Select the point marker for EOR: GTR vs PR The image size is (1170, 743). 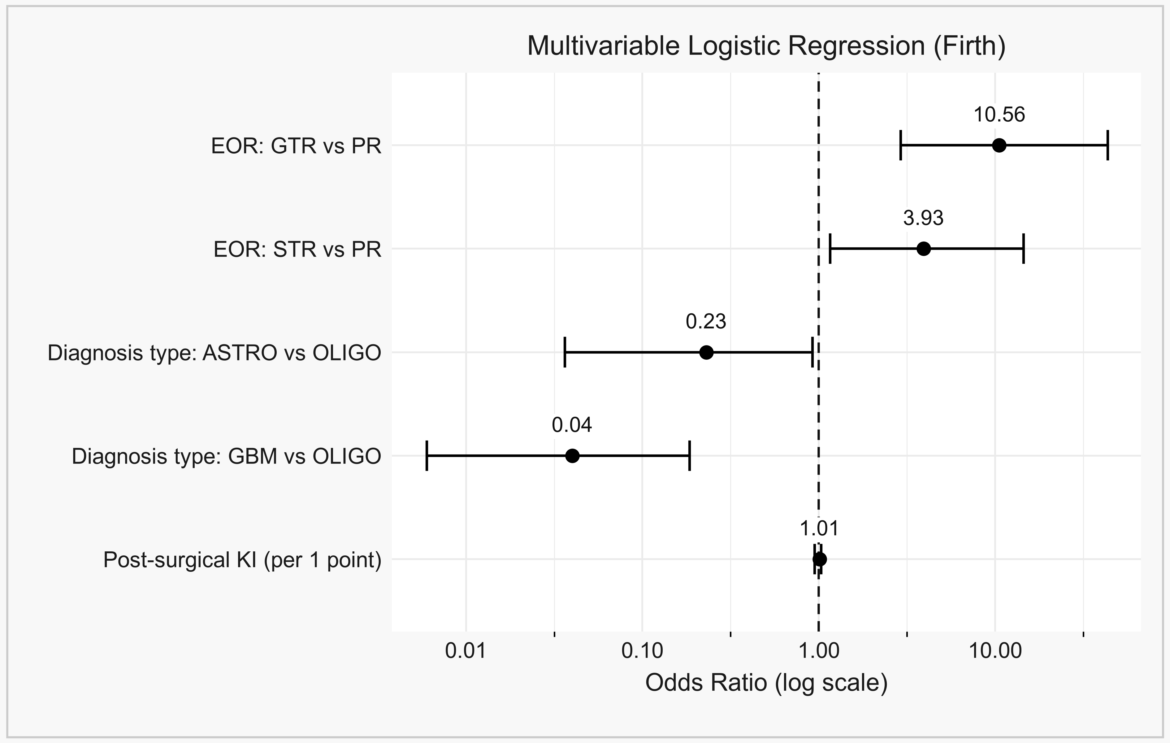[999, 145]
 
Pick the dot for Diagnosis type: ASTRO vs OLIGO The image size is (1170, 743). [706, 352]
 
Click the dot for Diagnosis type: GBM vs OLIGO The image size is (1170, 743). [572, 456]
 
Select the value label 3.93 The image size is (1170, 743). [924, 218]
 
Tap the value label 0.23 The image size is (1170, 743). [706, 322]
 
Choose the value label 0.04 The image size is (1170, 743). [572, 425]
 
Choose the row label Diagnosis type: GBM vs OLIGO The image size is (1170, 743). [227, 457]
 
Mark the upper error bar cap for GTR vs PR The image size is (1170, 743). [1107, 145]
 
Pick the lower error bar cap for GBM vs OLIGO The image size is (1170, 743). [427, 456]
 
